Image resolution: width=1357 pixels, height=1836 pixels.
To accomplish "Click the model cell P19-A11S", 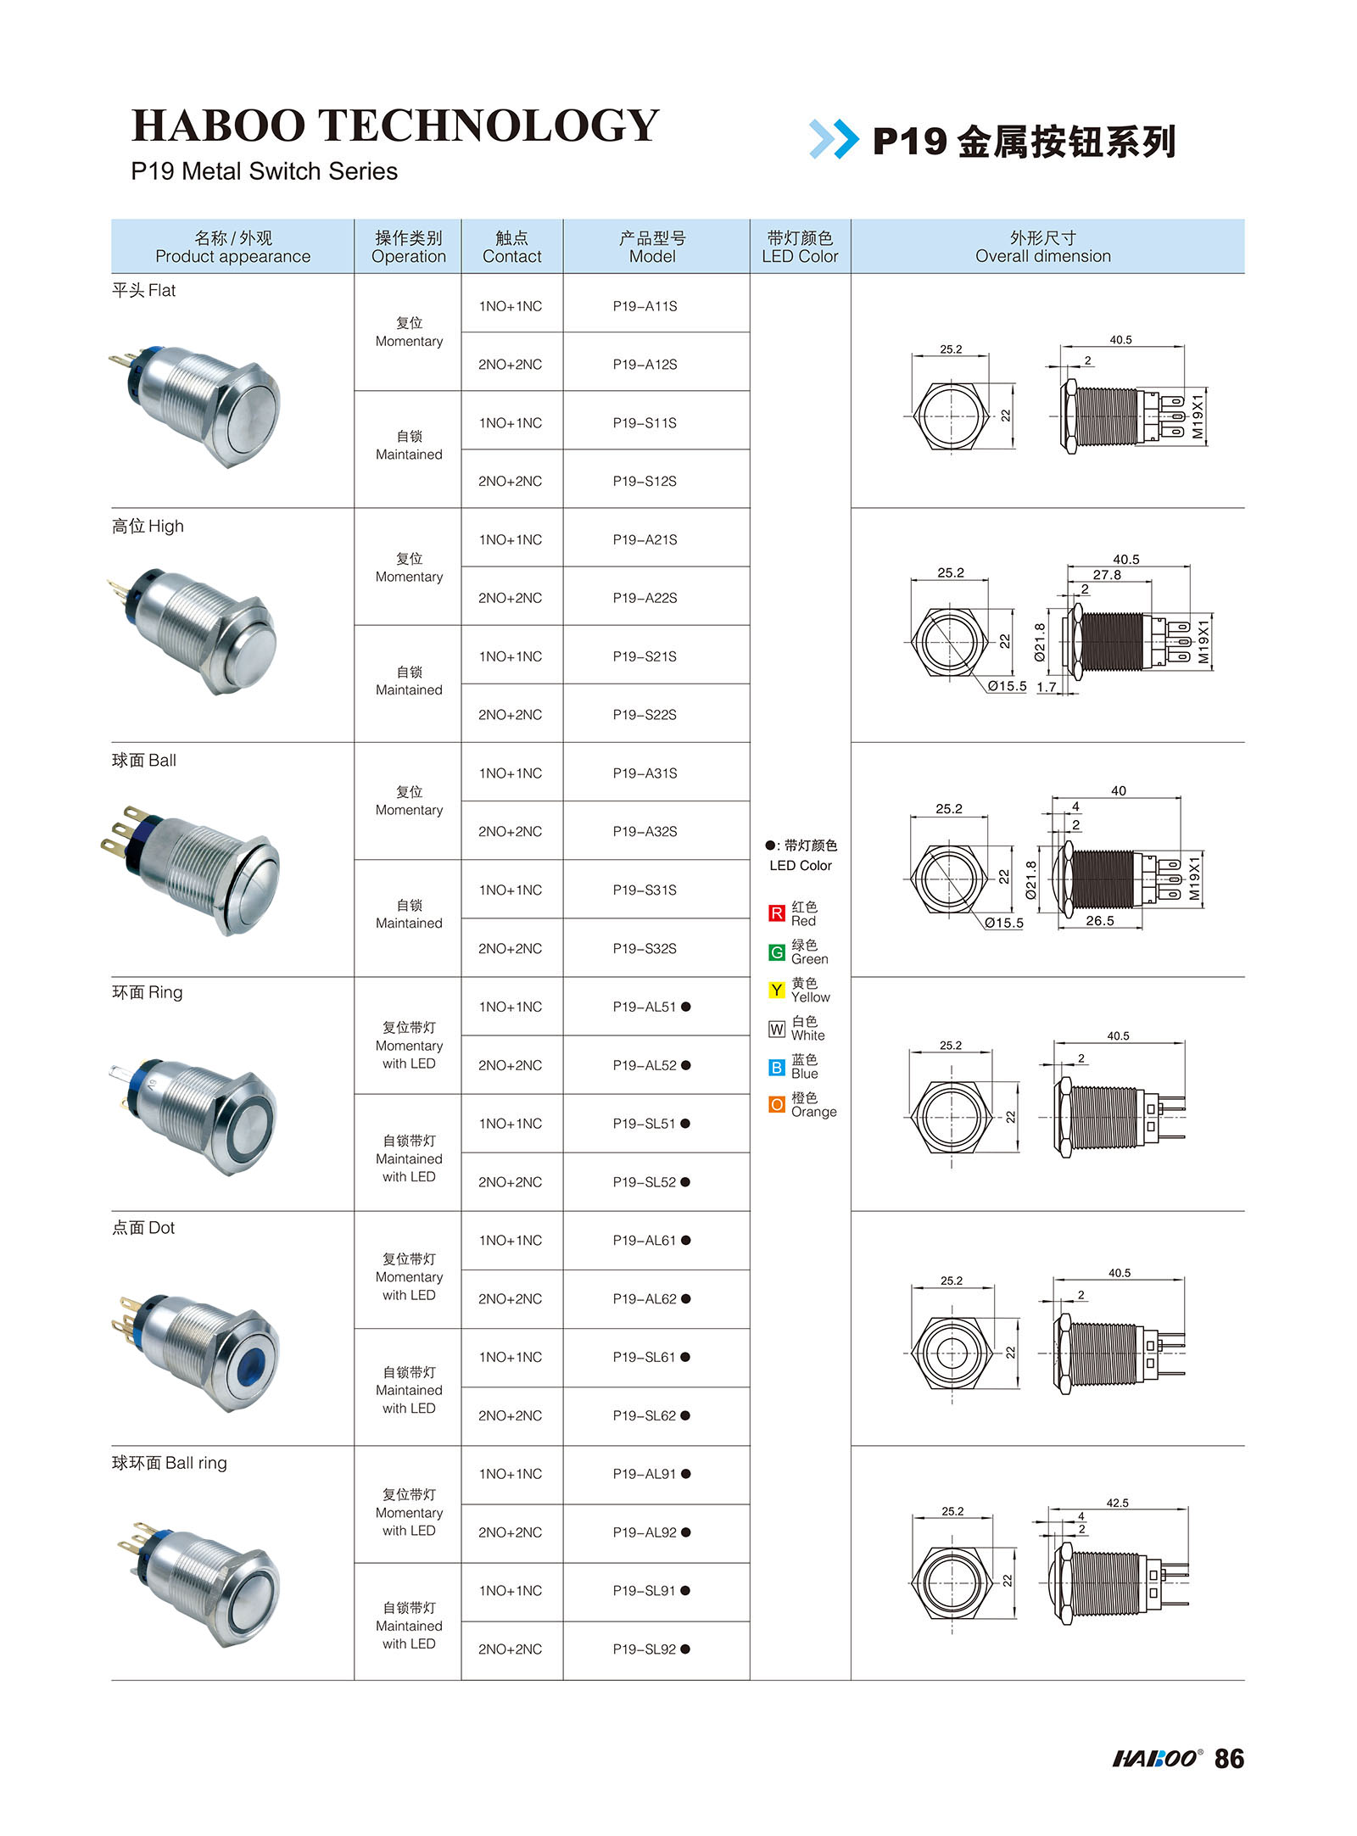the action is (645, 306).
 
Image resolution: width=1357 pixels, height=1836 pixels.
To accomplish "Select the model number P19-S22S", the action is (645, 715).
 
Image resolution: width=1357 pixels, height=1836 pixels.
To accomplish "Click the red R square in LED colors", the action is (776, 913).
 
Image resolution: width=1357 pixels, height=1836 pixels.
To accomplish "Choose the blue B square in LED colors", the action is (776, 1067).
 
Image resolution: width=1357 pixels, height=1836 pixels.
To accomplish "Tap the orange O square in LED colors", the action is (776, 1104).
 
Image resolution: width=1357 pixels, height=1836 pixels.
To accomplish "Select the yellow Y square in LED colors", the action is (776, 990).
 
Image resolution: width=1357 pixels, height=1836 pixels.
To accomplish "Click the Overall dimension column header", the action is (1042, 247).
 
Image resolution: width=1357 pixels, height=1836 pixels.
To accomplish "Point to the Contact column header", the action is (511, 247).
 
